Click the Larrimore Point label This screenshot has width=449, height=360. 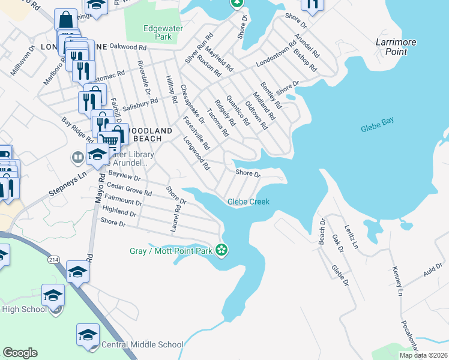391,47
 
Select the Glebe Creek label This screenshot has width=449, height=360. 249,202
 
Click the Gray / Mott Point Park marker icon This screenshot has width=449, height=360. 222,250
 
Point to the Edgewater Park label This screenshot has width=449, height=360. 158,32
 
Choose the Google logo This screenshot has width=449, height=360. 20,353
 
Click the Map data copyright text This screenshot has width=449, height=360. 423,355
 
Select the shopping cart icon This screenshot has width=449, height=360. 109,142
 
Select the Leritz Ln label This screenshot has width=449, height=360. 351,238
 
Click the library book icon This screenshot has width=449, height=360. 77,158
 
